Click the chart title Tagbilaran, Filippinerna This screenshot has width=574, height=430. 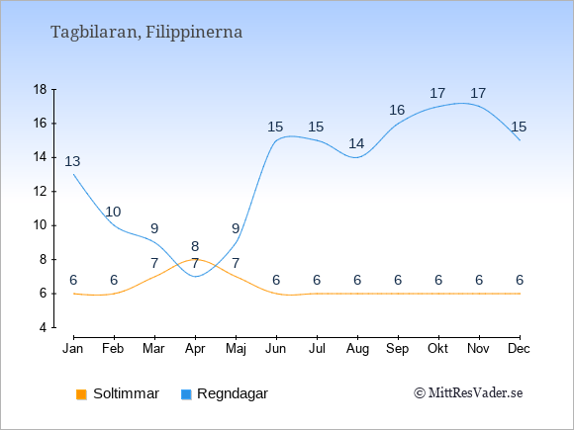(146, 33)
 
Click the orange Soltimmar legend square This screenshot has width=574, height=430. (81, 394)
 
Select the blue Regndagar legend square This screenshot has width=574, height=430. (186, 394)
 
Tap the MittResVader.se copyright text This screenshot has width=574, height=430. (468, 393)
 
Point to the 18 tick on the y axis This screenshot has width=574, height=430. (40, 89)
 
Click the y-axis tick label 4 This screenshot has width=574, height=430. (44, 327)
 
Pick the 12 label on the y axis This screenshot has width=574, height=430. (40, 191)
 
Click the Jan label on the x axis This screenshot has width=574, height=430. (73, 349)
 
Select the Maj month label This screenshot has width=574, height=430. (236, 349)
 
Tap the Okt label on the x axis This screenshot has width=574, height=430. (437, 349)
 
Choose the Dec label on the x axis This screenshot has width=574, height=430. (519, 349)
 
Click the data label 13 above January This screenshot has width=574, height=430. (72, 161)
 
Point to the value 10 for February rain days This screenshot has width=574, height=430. (113, 212)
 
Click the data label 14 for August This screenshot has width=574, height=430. (356, 143)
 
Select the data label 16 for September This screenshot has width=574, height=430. (397, 110)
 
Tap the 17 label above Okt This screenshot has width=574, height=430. (437, 93)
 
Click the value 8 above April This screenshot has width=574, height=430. (195, 246)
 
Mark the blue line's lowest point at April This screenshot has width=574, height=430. (196, 277)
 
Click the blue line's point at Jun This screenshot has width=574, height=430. (276, 140)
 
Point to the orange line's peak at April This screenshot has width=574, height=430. (196, 259)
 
